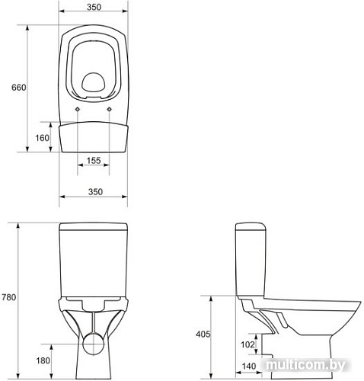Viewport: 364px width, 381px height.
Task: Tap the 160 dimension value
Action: pyautogui.click(x=43, y=138)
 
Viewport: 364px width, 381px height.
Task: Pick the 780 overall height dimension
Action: pyautogui.click(x=9, y=296)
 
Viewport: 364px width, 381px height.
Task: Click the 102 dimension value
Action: pyautogui.click(x=248, y=344)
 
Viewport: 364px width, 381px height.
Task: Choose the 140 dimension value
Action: pyautogui.click(x=248, y=367)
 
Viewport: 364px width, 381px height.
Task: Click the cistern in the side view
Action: pyautogui.click(x=251, y=259)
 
